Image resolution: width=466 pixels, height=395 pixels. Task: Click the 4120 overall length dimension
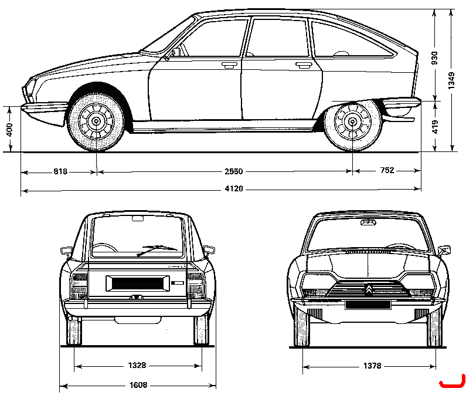click(x=234, y=189)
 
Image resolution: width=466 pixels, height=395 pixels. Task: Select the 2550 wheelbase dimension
click(x=234, y=171)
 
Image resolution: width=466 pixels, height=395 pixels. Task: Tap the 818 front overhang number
click(x=60, y=171)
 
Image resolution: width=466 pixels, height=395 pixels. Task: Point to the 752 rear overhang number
click(x=387, y=170)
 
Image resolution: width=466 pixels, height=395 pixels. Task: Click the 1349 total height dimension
click(x=451, y=80)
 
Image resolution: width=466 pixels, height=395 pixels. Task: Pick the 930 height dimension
click(x=434, y=58)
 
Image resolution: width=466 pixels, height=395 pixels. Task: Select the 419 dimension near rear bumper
click(x=434, y=127)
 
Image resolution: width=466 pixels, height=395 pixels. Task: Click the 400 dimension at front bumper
click(x=9, y=130)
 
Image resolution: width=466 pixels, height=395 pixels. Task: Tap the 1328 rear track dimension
click(x=137, y=365)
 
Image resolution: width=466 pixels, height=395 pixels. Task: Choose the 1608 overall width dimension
click(x=138, y=385)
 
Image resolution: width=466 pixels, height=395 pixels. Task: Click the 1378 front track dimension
click(x=372, y=366)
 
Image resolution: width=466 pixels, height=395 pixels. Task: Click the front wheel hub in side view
click(x=96, y=121)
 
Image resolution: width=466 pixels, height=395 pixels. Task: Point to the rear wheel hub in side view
click(x=352, y=121)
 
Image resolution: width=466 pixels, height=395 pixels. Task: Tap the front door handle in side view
click(x=229, y=65)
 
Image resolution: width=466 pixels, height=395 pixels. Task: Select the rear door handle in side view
click(x=303, y=65)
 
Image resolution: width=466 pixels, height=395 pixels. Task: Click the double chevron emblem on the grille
click(x=368, y=289)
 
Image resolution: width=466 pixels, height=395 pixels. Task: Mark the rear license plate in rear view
click(x=138, y=283)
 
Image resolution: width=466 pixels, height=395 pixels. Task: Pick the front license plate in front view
click(x=368, y=305)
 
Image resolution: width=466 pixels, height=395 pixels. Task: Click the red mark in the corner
click(x=453, y=383)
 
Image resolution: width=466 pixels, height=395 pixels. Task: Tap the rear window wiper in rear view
click(x=157, y=250)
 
